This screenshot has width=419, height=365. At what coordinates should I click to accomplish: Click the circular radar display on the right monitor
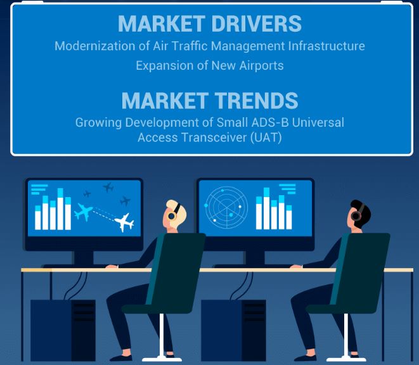point(226,207)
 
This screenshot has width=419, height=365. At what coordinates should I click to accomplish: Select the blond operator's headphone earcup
point(172,215)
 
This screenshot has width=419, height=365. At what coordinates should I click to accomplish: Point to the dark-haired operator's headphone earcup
point(356,215)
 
